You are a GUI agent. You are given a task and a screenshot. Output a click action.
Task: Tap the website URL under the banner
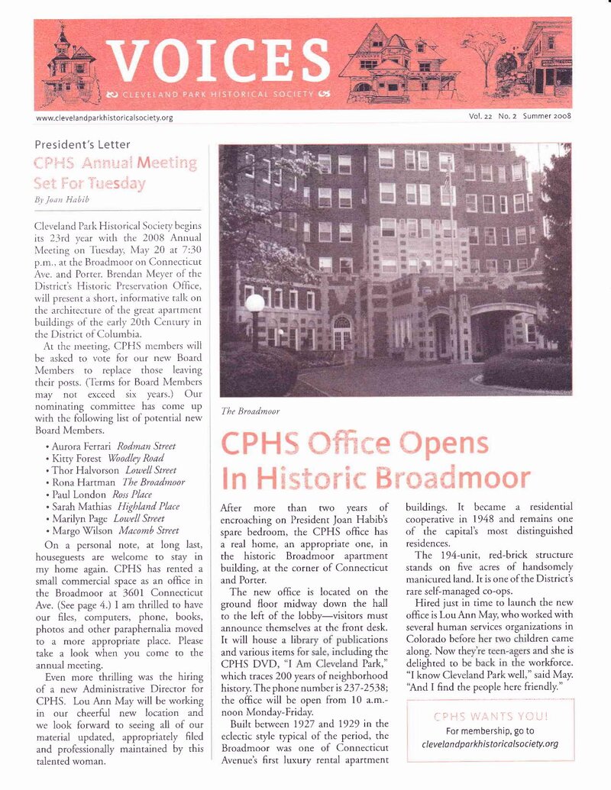point(105,118)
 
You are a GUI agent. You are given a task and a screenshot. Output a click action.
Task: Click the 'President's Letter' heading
point(82,144)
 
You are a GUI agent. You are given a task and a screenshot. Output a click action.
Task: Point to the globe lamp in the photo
point(254,303)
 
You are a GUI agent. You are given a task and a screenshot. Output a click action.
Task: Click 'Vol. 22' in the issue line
point(482,116)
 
